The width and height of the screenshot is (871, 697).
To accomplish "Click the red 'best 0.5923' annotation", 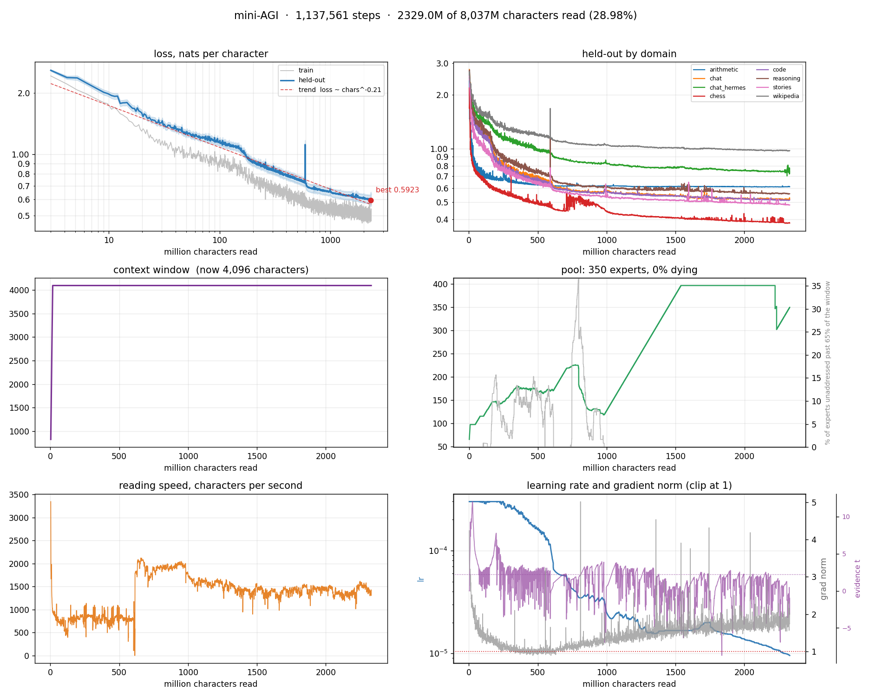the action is [397, 190].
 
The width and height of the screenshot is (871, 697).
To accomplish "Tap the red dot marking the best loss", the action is [371, 200].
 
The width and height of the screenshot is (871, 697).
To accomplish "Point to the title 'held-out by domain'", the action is [629, 54].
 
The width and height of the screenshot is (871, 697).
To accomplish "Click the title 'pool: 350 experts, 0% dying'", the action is [629, 270].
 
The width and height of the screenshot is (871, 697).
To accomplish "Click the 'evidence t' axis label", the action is [858, 579].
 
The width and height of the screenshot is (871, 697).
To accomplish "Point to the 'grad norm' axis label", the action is [824, 579].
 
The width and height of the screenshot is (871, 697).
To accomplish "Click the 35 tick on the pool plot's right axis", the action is [816, 286].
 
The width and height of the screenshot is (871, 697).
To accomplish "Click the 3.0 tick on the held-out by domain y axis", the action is [443, 64].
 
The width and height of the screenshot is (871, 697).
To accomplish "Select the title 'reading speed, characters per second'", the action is [210, 486].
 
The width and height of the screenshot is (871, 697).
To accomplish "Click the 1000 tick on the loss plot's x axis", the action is [330, 240].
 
